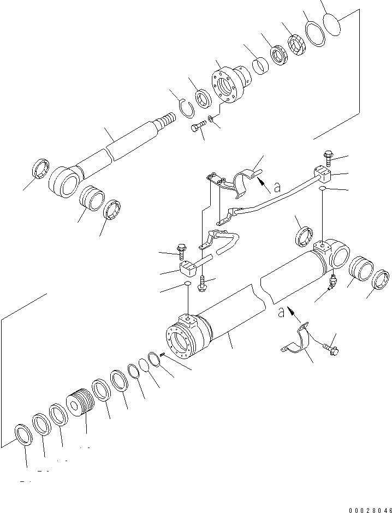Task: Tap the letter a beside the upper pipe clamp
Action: point(277,187)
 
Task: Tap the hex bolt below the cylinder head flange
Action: point(198,129)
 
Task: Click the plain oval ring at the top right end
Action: point(332,23)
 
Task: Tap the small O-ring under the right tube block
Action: point(323,188)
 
